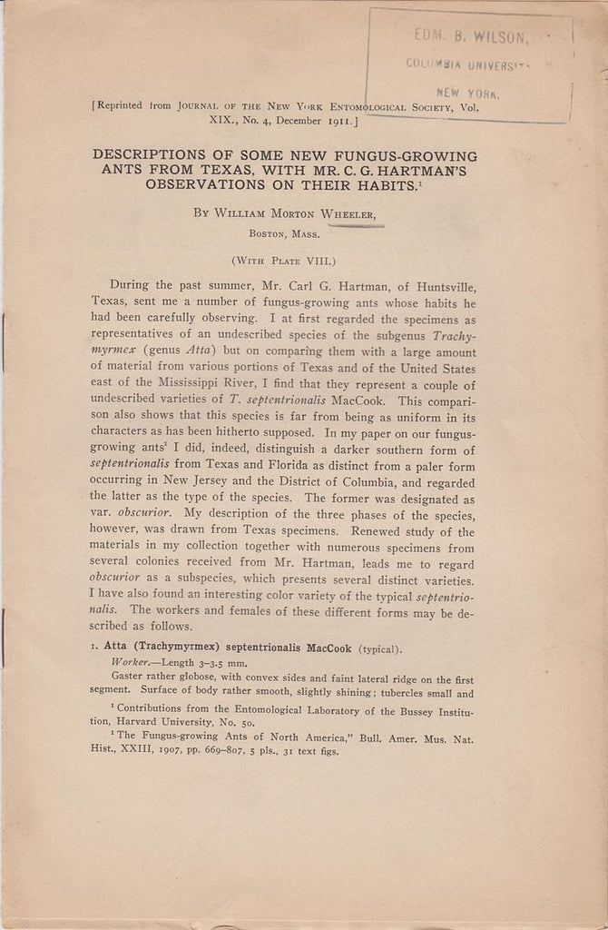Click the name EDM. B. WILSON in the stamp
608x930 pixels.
469,35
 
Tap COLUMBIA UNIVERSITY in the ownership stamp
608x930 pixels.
466,64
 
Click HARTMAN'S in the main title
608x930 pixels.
431,169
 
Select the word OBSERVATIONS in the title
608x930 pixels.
200,183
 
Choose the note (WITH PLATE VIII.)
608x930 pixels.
283,260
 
